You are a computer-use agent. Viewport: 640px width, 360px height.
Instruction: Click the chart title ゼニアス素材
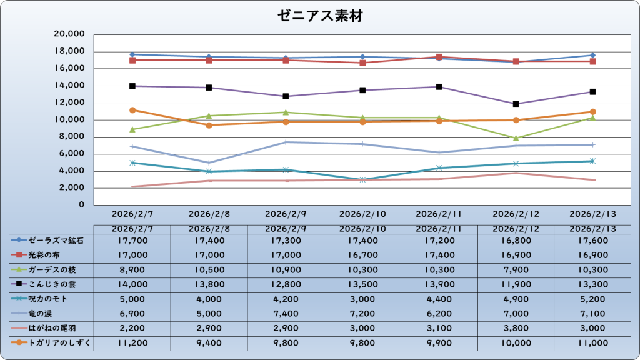(320, 16)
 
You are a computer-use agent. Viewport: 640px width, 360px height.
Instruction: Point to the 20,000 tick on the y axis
(70, 34)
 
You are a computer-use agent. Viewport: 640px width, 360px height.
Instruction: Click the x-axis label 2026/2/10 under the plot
(362, 213)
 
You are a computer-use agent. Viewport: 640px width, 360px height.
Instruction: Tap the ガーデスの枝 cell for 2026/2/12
(516, 269)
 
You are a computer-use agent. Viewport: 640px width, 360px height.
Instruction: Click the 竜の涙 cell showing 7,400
(286, 313)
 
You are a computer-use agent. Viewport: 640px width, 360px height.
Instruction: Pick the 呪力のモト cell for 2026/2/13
(592, 299)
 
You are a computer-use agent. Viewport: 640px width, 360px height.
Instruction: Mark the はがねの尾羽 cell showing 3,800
(516, 328)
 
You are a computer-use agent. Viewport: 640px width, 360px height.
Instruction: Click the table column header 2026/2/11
(439, 229)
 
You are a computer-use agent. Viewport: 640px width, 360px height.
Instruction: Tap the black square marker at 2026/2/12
(516, 104)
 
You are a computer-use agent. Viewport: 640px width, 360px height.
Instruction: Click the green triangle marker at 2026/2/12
(516, 138)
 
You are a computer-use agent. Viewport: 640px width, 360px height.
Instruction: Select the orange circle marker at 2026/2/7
(132, 110)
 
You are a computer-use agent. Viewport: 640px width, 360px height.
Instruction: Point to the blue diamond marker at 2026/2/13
(592, 56)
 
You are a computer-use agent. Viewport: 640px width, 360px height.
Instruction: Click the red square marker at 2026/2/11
(439, 57)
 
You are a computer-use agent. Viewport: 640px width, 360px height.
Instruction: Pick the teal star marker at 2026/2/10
(362, 179)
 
